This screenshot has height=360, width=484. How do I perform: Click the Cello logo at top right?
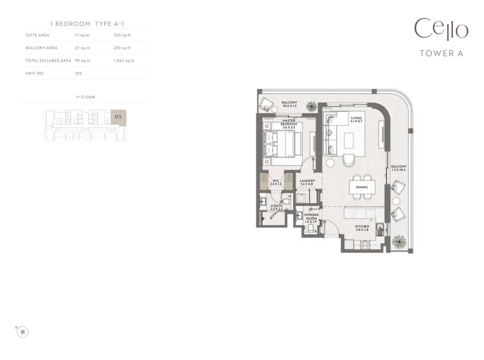441,29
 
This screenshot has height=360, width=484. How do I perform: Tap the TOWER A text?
441,53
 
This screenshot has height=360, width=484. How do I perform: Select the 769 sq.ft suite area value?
122,35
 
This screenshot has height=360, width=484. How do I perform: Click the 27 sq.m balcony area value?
82,48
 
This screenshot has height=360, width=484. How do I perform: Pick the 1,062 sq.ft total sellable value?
124,61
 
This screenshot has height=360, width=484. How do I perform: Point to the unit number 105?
78,74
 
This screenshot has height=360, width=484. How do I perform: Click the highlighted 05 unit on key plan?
118,117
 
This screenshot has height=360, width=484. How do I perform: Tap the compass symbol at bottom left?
23,332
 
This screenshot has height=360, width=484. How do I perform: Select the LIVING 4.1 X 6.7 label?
356,120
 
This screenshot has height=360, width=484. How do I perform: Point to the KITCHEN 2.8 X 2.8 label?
362,228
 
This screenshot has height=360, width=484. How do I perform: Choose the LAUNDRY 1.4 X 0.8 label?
307,182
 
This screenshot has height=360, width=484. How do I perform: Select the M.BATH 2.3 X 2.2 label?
276,207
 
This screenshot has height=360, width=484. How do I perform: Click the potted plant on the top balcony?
311,106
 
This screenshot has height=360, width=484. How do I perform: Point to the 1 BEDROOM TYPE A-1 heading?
87,24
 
